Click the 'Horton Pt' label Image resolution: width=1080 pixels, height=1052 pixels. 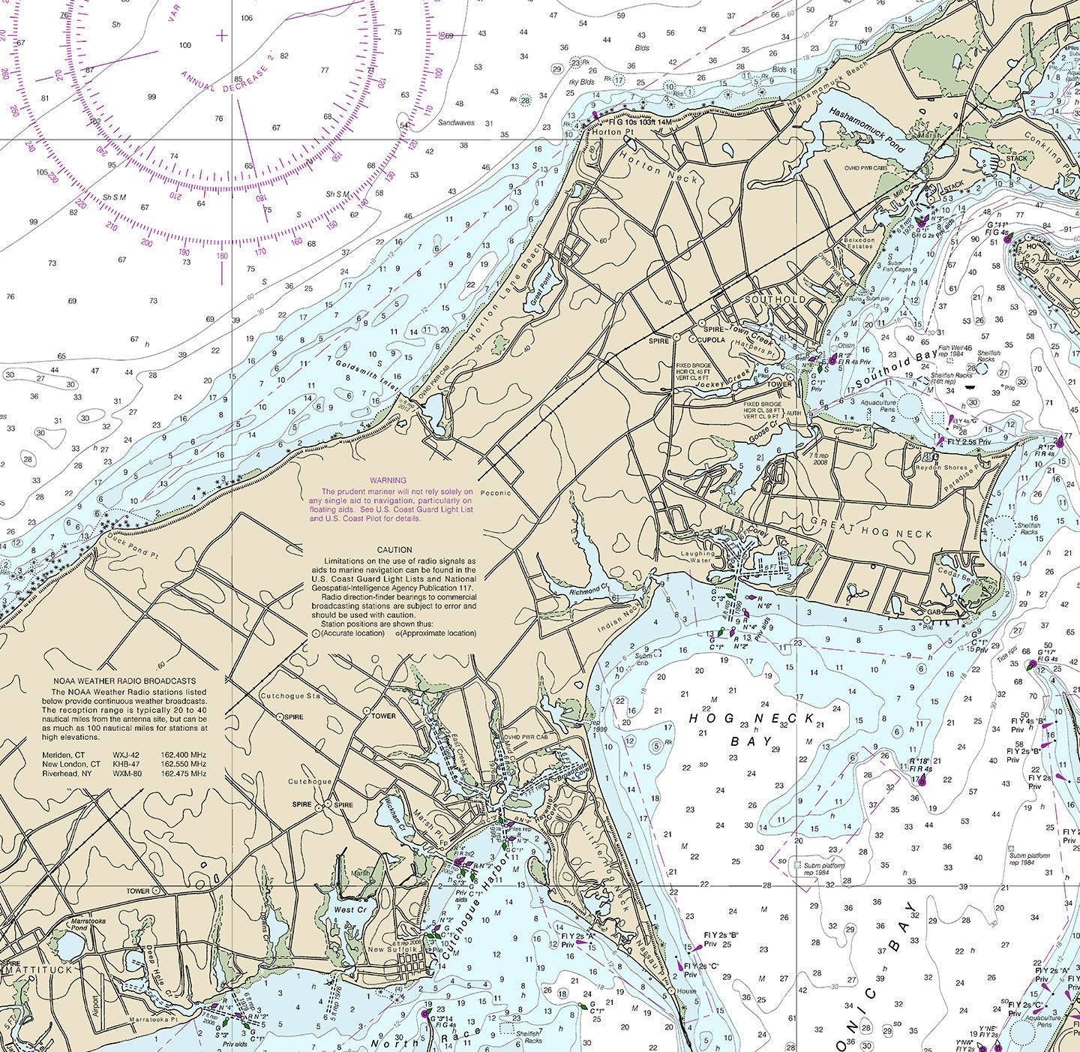(x=607, y=132)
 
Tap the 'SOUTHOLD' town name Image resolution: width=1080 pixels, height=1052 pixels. (x=775, y=299)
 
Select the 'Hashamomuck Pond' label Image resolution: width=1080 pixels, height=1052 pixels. (x=867, y=129)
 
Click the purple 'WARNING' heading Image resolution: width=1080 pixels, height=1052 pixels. (x=388, y=480)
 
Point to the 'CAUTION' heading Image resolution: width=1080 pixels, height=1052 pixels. (x=394, y=550)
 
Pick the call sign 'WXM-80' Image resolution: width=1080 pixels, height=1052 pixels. (x=127, y=774)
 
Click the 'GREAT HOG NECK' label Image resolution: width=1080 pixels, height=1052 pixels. (x=872, y=533)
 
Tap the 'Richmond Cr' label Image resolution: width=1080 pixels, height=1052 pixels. (x=588, y=591)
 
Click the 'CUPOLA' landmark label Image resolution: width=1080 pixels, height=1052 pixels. (x=712, y=340)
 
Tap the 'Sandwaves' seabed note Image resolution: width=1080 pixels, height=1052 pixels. (x=456, y=122)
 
